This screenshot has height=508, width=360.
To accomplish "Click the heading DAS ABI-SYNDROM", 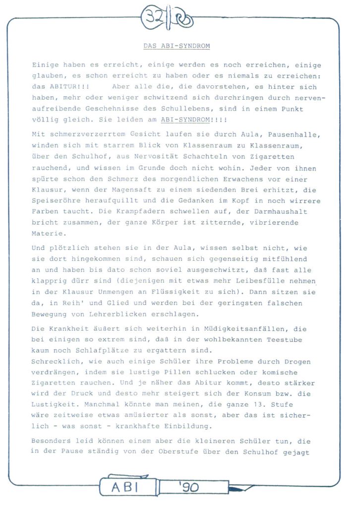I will [x=177, y=46].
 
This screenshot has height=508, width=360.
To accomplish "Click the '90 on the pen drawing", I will [x=188, y=487].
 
